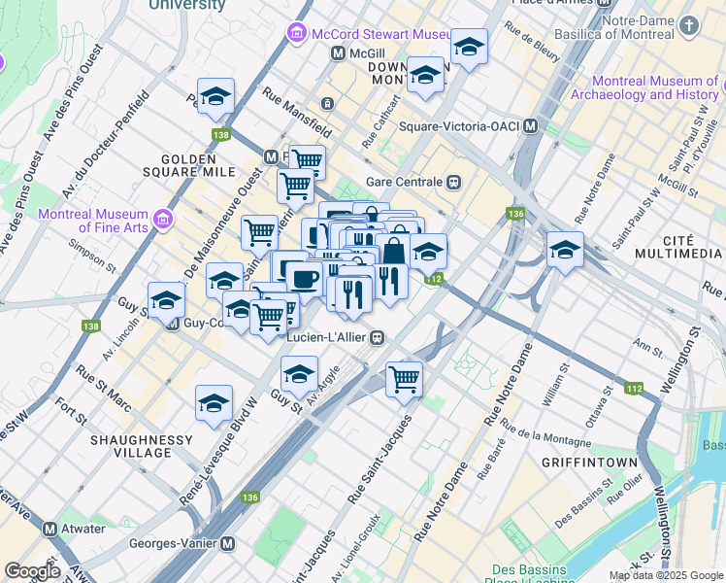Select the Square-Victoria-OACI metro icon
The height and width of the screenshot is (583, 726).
(531, 125)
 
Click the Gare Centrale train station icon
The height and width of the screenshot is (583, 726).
(453, 182)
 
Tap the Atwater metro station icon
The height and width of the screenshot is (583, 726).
(49, 529)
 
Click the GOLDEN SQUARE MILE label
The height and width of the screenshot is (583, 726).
(199, 164)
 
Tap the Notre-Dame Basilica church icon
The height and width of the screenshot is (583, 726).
(689, 26)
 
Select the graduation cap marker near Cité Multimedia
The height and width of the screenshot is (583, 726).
(565, 250)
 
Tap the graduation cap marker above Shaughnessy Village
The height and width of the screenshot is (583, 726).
(214, 403)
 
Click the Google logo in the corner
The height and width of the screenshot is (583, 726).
(31, 571)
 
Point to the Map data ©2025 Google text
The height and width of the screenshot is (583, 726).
(665, 575)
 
